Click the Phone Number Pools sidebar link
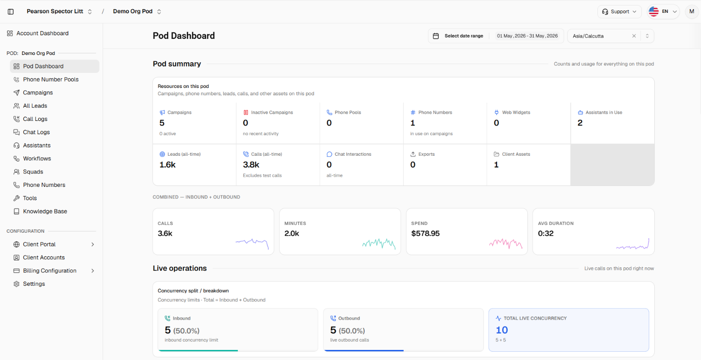50,79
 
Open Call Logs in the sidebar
35,119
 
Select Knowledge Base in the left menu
45,212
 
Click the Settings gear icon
16,284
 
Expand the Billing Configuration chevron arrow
93,271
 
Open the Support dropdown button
619,11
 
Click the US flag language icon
653,11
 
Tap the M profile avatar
692,11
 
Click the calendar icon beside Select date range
436,36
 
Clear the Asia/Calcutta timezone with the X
634,36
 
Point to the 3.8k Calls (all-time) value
251,165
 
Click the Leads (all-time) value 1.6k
167,165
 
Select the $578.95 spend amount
425,234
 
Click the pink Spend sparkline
506,244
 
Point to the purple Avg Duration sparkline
633,244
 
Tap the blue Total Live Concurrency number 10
502,330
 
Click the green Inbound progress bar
198,351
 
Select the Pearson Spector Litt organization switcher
59,11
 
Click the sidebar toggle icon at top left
11,11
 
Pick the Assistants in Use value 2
580,123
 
